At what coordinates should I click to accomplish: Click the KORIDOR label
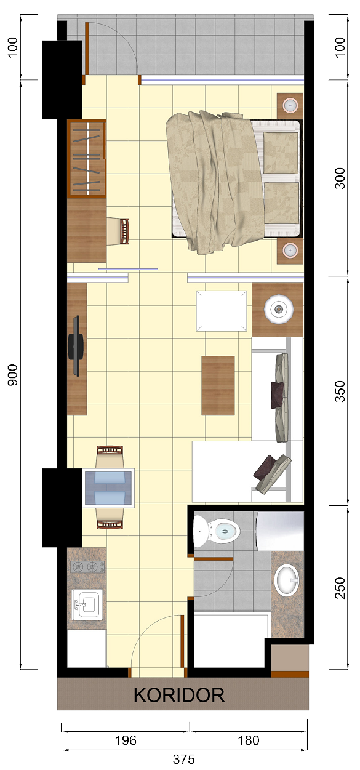tap(179, 695)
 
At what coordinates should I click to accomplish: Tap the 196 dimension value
tap(126, 740)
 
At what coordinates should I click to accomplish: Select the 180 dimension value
tap(249, 740)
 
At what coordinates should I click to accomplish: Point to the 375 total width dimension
tap(184, 760)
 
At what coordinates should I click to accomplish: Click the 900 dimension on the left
tap(13, 375)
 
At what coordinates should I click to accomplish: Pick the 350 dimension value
tap(340, 391)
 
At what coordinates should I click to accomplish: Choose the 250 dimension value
tap(340, 588)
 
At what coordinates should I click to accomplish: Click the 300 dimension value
tap(340, 178)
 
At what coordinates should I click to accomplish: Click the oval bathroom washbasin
tap(287, 580)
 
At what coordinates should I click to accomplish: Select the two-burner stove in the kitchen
tap(87, 566)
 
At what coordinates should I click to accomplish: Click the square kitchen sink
tap(87, 604)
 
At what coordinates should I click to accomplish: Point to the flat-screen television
tap(76, 346)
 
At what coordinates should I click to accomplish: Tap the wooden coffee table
tap(218, 385)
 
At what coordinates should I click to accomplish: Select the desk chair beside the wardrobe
tap(118, 231)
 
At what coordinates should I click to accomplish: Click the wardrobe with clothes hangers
tap(87, 159)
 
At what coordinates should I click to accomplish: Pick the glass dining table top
tap(108, 488)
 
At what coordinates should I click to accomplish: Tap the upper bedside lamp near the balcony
tap(290, 105)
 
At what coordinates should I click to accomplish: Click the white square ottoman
tap(222, 311)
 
